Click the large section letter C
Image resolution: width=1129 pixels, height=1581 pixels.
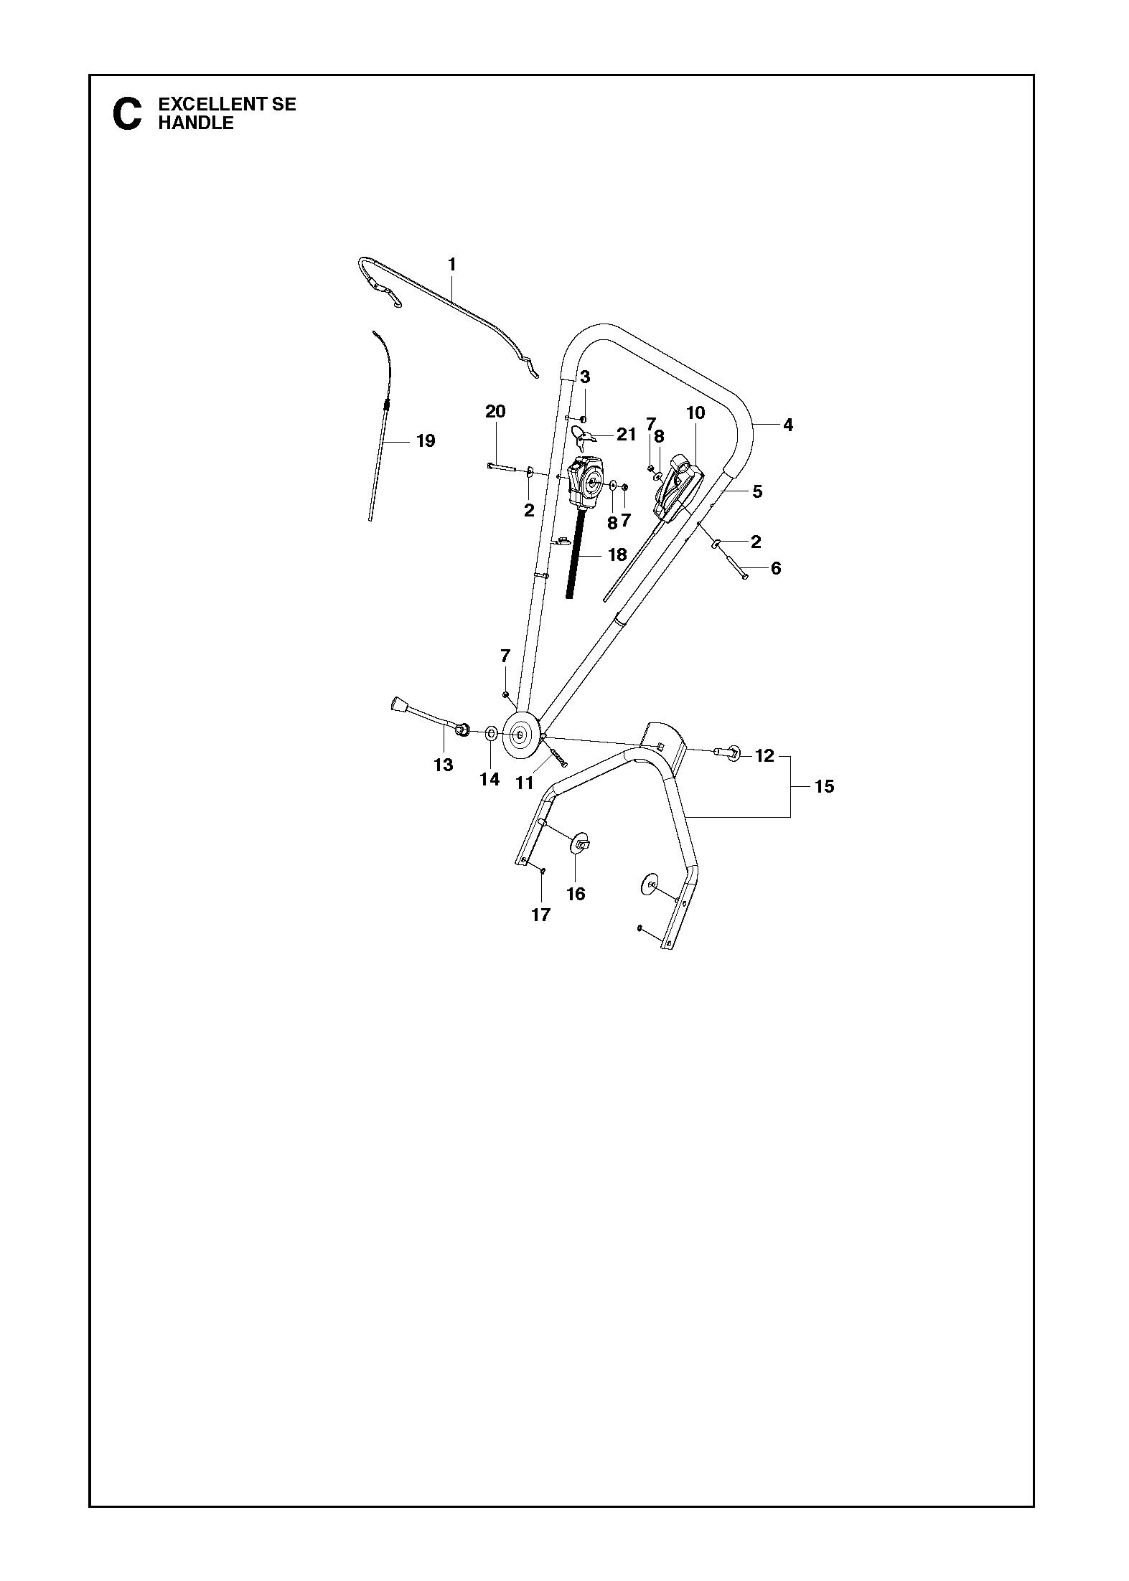click(128, 114)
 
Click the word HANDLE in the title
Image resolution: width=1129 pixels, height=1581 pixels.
click(196, 123)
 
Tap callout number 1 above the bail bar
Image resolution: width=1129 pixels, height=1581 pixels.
click(452, 265)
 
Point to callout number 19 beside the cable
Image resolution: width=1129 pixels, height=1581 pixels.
click(426, 440)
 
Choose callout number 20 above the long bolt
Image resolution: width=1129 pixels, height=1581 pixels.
click(495, 411)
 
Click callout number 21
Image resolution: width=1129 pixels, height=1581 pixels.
click(626, 435)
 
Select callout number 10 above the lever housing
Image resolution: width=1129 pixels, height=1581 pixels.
click(695, 413)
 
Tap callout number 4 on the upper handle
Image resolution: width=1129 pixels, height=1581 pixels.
click(788, 425)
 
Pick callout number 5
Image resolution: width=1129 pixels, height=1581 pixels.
click(757, 492)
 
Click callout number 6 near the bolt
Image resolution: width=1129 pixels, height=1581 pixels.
click(776, 569)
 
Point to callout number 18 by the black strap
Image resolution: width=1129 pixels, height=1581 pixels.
click(617, 554)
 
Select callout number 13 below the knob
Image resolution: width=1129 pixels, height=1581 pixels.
click(444, 765)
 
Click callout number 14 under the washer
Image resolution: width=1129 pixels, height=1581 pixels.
click(489, 779)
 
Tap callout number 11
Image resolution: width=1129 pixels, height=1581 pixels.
click(525, 783)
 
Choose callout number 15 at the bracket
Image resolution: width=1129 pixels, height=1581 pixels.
click(825, 787)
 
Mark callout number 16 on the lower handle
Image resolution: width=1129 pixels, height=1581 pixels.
click(576, 894)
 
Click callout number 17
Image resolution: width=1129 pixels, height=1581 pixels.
click(540, 915)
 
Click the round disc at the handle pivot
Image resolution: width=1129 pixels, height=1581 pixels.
click(520, 735)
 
